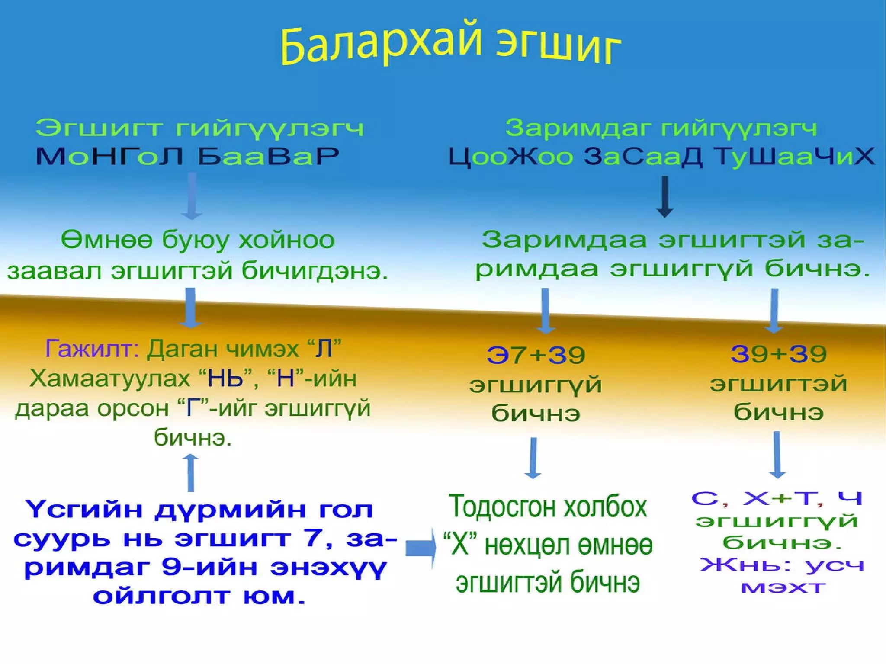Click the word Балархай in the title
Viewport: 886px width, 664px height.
[x=381, y=43]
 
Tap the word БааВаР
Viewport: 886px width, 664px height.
[x=268, y=156]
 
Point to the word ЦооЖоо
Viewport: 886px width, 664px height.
[x=510, y=157]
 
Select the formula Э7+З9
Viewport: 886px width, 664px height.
[x=536, y=355]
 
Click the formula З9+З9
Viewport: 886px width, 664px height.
[x=779, y=354]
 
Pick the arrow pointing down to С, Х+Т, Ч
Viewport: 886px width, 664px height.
[x=777, y=455]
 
